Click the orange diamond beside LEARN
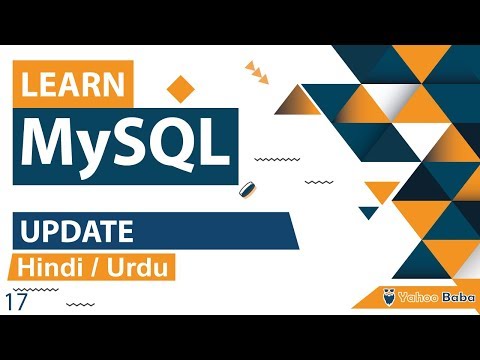point(181,88)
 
